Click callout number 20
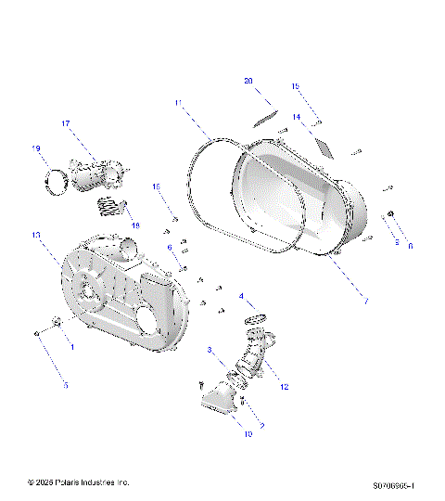click(x=248, y=82)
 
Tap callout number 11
click(x=178, y=102)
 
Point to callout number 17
click(x=67, y=123)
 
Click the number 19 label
click(x=36, y=148)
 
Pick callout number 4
click(x=243, y=297)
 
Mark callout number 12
click(x=285, y=386)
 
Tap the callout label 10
click(x=248, y=432)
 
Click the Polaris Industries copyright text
click(x=79, y=482)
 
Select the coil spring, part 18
click(x=111, y=206)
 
